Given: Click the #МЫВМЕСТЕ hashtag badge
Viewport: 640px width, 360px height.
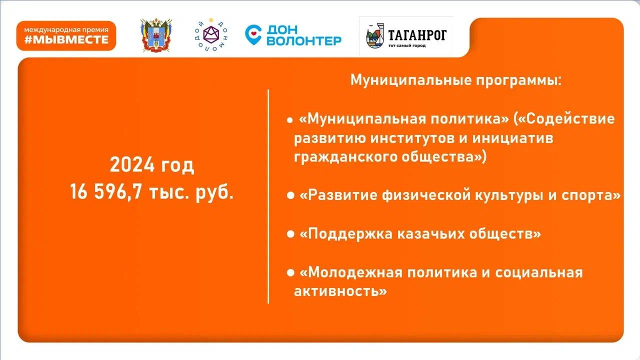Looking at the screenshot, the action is pyautogui.click(x=66, y=35).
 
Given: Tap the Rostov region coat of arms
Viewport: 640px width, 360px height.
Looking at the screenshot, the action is pyautogui.click(x=156, y=35).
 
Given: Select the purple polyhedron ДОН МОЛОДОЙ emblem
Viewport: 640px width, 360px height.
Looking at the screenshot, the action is pyautogui.click(x=211, y=34).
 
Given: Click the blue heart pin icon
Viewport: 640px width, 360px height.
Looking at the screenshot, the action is pyautogui.click(x=253, y=35).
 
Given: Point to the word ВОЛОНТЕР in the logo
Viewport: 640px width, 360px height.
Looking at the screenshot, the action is pyautogui.click(x=304, y=41).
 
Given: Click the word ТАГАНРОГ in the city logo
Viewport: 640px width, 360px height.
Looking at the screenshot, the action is pyautogui.click(x=417, y=35).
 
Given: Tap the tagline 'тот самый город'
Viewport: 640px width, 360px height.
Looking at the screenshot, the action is pyautogui.click(x=407, y=45).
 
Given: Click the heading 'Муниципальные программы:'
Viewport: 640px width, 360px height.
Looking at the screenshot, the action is pyautogui.click(x=456, y=80).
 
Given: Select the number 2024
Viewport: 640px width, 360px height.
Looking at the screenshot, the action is pyautogui.click(x=132, y=165).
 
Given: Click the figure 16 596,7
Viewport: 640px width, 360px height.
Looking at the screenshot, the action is pyautogui.click(x=105, y=191).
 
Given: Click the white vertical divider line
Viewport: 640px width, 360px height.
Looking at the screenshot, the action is pyautogui.click(x=268, y=196).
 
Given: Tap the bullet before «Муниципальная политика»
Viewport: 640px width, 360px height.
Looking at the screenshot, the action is pyautogui.click(x=290, y=120).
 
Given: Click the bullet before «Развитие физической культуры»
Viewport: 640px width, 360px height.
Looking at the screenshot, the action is pyautogui.click(x=290, y=195).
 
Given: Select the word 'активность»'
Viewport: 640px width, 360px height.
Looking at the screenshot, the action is pyautogui.click(x=340, y=291).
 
